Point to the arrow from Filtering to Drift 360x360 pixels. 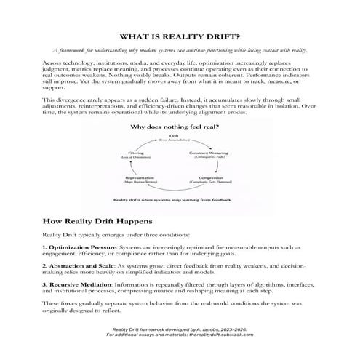(152, 143)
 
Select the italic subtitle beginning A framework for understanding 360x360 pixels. (180, 52)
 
